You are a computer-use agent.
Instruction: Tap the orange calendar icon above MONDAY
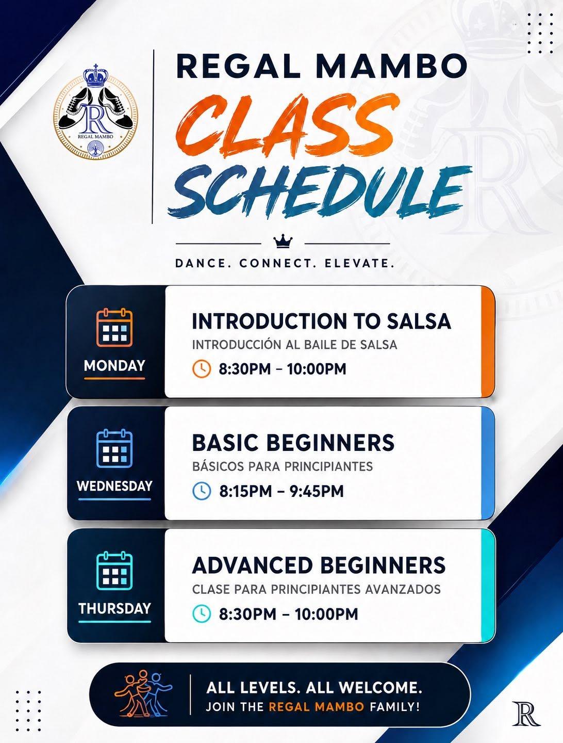click(x=114, y=327)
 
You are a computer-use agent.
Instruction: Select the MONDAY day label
click(x=114, y=366)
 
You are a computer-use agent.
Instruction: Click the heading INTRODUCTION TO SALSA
click(x=321, y=321)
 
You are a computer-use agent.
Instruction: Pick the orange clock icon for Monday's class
click(x=202, y=368)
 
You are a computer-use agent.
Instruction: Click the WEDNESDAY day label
click(x=114, y=486)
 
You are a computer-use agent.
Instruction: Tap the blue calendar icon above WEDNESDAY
click(x=114, y=448)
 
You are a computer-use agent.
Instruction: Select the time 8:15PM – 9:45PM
click(x=281, y=491)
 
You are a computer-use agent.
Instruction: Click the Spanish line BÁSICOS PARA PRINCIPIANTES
click(x=283, y=466)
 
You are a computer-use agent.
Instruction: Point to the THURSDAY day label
click(x=114, y=608)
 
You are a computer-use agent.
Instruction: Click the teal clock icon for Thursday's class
click(x=202, y=613)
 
